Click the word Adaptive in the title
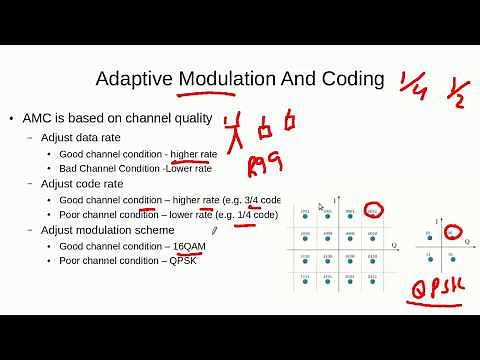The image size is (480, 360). coord(134,79)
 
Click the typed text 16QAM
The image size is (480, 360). coord(191,246)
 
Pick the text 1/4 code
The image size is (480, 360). coord(258,215)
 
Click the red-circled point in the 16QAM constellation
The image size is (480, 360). coord(372,211)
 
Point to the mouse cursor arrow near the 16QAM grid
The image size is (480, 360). coord(321,207)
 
